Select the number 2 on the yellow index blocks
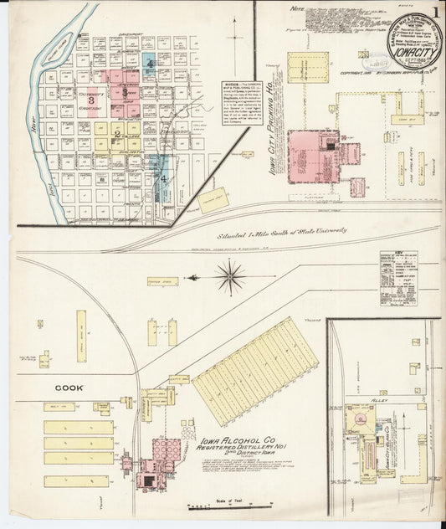tap(117, 132)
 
